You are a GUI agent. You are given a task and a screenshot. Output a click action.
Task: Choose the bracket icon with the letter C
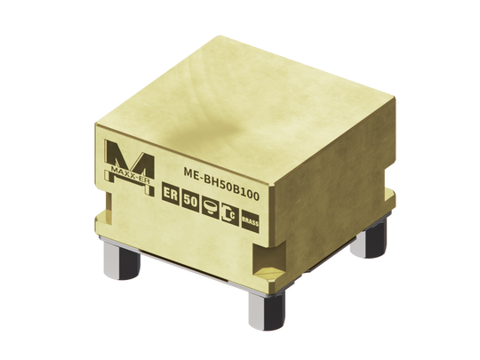pos(228,213)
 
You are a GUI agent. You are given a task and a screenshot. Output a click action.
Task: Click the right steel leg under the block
pos(374,236)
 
